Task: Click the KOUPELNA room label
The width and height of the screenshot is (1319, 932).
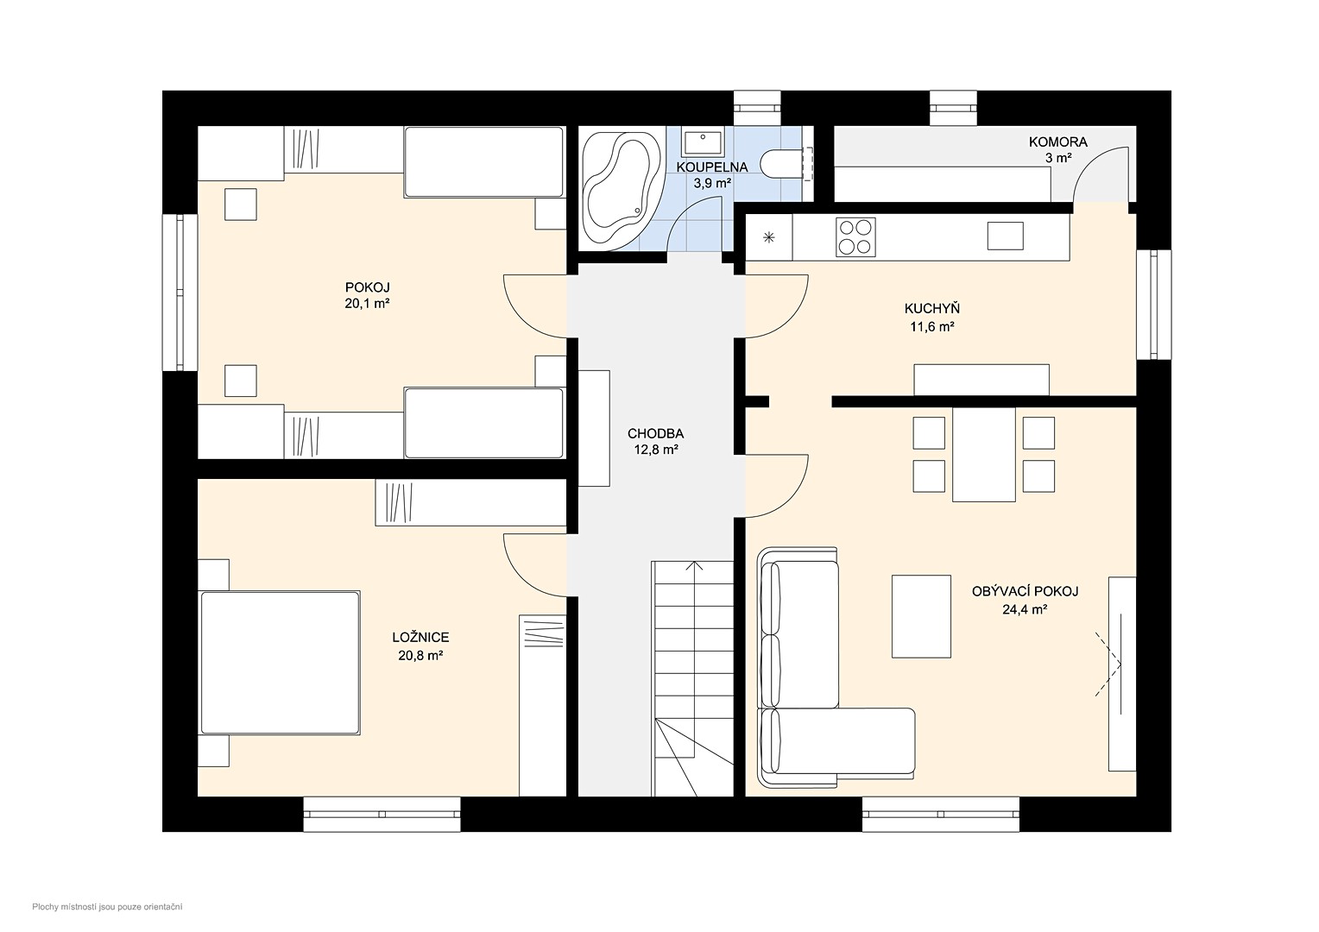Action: coord(712,167)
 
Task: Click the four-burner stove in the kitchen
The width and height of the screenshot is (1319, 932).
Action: coord(855,237)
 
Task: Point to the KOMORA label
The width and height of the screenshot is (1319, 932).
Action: coord(1057,142)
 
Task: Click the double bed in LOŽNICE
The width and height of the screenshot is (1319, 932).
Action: coord(280,663)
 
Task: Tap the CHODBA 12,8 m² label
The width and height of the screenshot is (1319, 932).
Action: coord(655,442)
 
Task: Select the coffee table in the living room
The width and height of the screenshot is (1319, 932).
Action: coord(921,616)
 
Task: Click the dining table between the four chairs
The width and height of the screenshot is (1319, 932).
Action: coord(983,454)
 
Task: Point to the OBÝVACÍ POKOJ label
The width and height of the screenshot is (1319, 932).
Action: coord(1026,592)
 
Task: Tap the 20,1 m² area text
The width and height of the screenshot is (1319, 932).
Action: coord(368,304)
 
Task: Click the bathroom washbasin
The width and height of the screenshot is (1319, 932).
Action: coord(703,142)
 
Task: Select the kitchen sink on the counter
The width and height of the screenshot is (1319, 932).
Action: coord(1005,236)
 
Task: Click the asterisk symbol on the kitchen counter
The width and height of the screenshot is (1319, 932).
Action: coord(769,238)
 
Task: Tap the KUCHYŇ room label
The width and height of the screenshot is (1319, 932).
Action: coord(932,308)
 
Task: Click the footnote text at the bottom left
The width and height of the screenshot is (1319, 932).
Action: coord(107,907)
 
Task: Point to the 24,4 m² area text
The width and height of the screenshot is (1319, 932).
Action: coord(1025,610)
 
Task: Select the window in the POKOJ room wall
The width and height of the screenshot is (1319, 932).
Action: coord(180,292)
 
